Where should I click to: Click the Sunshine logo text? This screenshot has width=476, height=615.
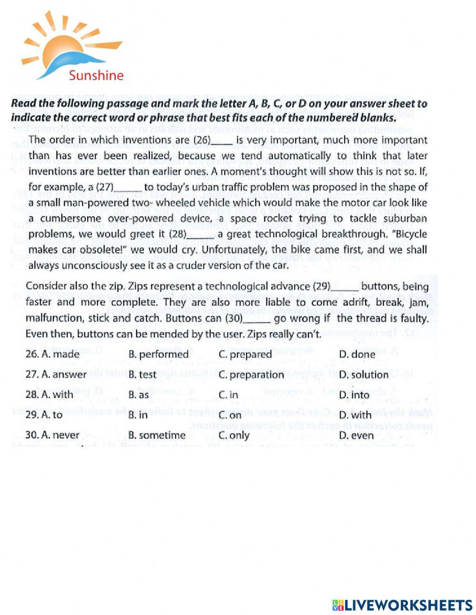96,75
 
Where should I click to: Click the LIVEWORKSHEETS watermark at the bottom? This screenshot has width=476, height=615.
402,605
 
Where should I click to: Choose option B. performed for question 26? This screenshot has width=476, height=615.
159,354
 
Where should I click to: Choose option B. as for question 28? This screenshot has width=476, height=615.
139,395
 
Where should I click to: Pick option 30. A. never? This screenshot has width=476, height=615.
52,435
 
